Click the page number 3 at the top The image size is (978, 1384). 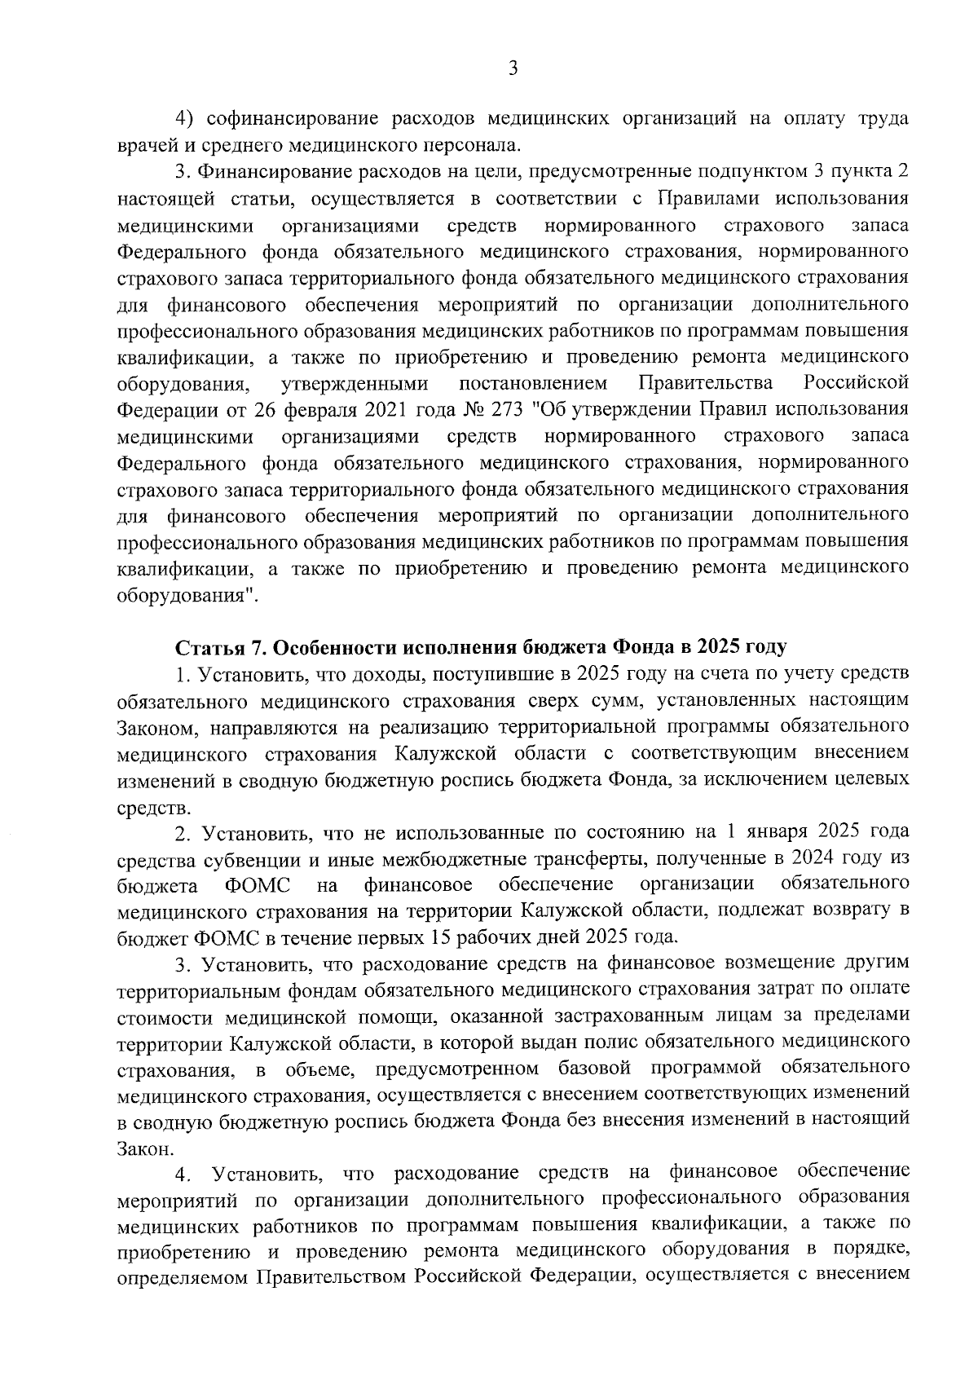[x=513, y=69]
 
